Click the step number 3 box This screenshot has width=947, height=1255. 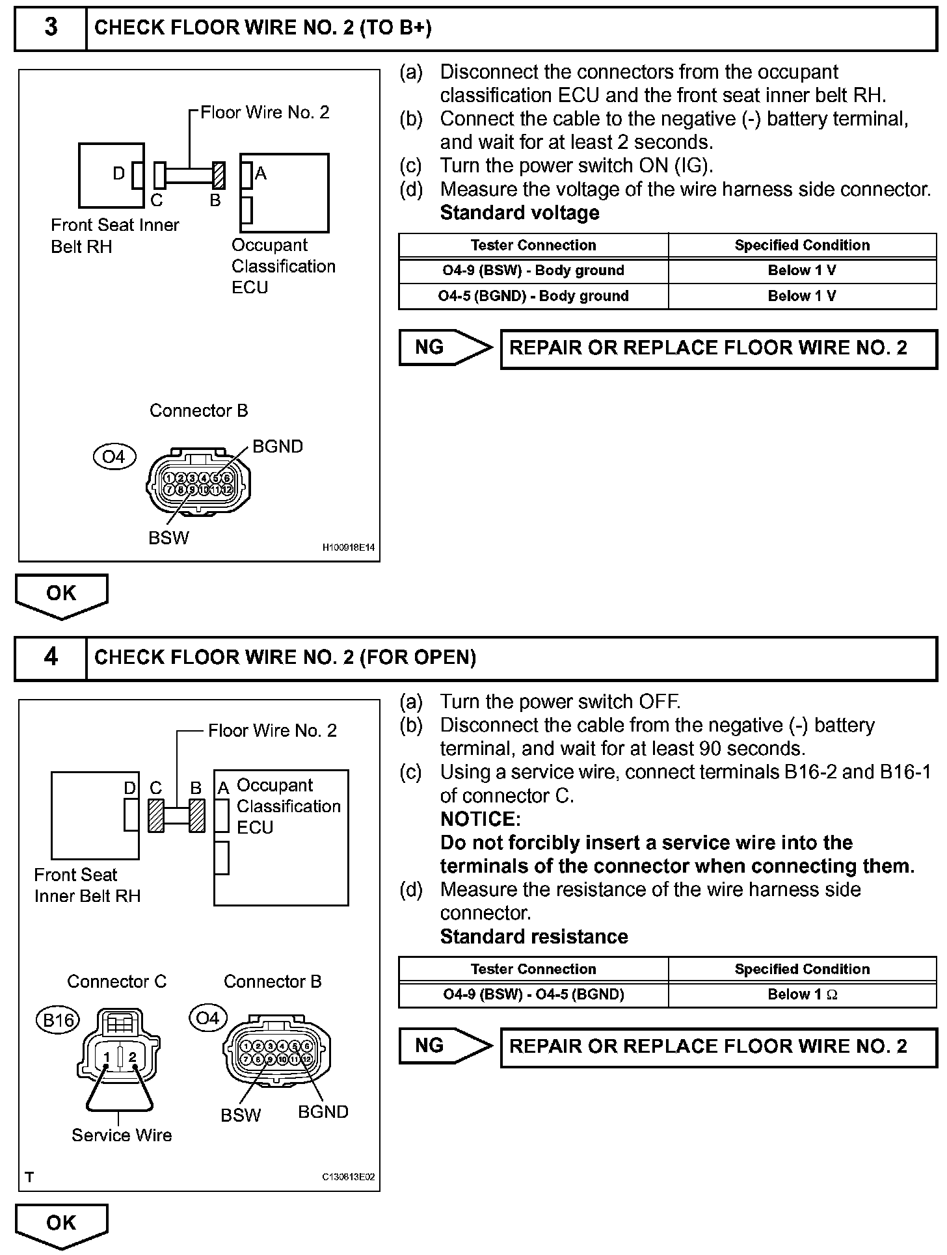point(51,28)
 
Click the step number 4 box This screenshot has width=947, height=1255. point(51,658)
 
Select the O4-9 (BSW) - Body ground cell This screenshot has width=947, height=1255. point(533,271)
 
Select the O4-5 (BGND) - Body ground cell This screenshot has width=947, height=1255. point(533,296)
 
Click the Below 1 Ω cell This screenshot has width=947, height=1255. point(802,994)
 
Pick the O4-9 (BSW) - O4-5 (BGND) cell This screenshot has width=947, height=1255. point(533,994)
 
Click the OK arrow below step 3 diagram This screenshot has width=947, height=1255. point(61,594)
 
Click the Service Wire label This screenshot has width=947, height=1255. point(122,1135)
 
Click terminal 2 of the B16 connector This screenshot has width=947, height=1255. point(132,1057)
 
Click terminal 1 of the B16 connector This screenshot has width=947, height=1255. point(107,1057)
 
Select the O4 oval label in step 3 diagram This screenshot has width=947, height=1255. point(114,456)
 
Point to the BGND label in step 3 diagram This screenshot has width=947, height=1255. point(278,447)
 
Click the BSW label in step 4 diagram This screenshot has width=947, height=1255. point(241,1115)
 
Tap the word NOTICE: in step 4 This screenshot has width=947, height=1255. point(480,819)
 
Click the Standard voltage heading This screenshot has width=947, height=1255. point(520,213)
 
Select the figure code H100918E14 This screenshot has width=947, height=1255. point(349,548)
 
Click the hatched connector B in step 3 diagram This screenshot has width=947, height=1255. point(219,176)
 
